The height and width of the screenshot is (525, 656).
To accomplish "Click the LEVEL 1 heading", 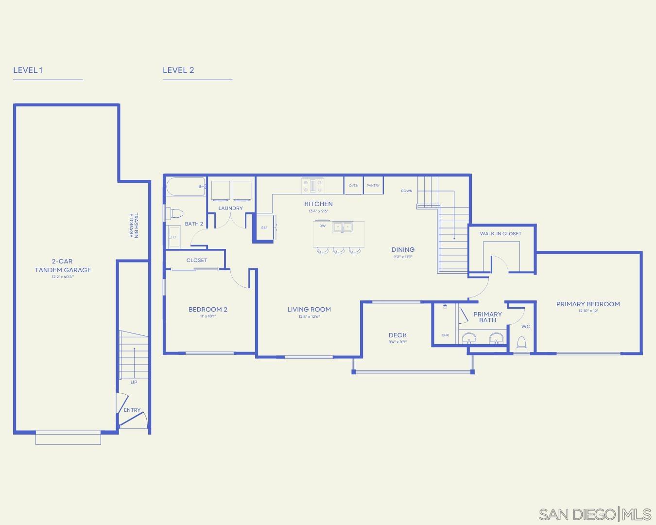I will tap(28, 70).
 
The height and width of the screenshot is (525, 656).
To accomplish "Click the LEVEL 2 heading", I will tap(178, 70).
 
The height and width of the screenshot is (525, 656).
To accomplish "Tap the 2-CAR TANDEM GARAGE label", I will tap(63, 265).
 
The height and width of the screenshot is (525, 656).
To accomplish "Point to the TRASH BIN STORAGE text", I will tap(134, 226).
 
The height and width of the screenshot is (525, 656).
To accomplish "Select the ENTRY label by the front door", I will tap(132, 410).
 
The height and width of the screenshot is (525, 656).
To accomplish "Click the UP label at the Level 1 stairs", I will tap(134, 382).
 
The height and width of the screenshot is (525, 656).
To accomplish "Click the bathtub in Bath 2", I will tap(186, 187).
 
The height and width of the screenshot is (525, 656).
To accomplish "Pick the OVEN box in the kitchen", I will tap(353, 185).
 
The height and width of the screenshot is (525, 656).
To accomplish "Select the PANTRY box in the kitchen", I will tap(373, 185).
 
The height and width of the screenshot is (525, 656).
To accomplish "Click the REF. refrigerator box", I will tap(264, 227).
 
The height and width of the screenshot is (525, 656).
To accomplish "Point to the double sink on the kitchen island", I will tap(343, 227).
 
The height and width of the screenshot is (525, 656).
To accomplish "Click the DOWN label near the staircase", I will tap(407, 191).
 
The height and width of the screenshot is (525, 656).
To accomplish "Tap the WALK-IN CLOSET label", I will tap(501, 233).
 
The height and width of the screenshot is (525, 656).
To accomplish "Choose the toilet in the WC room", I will tap(521, 344).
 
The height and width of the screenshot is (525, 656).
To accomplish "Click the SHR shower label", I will tap(445, 335).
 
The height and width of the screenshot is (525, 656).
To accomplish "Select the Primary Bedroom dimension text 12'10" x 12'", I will tap(588, 311).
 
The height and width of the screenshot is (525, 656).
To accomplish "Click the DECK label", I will tap(397, 335).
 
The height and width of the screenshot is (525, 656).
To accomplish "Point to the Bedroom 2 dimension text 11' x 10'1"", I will tap(208, 316).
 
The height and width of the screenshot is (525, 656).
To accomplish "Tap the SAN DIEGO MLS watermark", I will tap(595, 514).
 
